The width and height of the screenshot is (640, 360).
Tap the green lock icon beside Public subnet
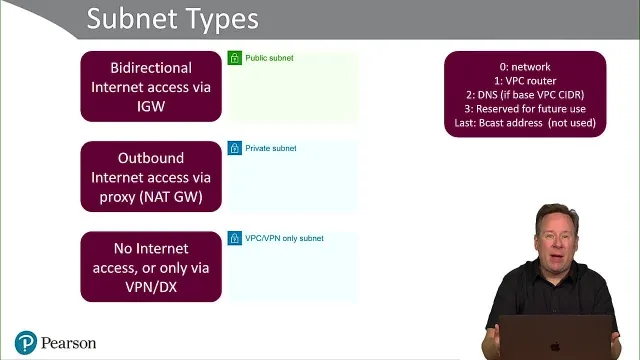coord(235,58)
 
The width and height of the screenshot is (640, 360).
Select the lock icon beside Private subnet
coord(235,148)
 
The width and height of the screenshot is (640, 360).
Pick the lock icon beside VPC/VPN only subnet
coord(235,238)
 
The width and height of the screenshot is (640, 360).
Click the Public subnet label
coord(269,58)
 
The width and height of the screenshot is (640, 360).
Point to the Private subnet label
coord(271,148)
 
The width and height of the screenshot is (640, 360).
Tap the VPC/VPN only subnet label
coord(284,238)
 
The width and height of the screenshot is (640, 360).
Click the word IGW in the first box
coord(151,107)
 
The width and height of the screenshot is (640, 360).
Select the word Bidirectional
coord(151,68)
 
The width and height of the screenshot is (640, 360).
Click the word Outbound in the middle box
coord(151,158)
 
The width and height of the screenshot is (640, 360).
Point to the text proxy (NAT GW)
coord(151,197)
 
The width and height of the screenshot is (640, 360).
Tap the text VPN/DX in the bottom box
coord(151,287)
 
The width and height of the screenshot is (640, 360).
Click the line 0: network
coord(525,67)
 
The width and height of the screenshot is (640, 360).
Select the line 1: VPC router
coord(525,81)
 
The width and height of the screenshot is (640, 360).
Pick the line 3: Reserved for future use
coord(525,109)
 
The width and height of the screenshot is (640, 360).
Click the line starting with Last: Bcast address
coord(525,123)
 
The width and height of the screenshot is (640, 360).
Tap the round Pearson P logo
coord(26,342)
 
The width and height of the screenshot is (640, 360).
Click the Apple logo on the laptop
coord(555,347)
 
